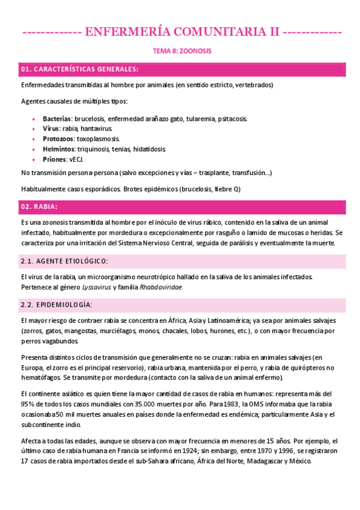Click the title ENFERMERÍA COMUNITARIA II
coord(181,31)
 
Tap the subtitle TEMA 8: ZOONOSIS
coord(180,51)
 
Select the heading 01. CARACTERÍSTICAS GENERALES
coord(80,69)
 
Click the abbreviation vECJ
coord(77,159)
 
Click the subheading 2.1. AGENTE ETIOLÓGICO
coord(64,261)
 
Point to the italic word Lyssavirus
coord(93,287)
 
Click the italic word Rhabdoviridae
coord(161,287)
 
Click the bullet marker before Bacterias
coord(34,119)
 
